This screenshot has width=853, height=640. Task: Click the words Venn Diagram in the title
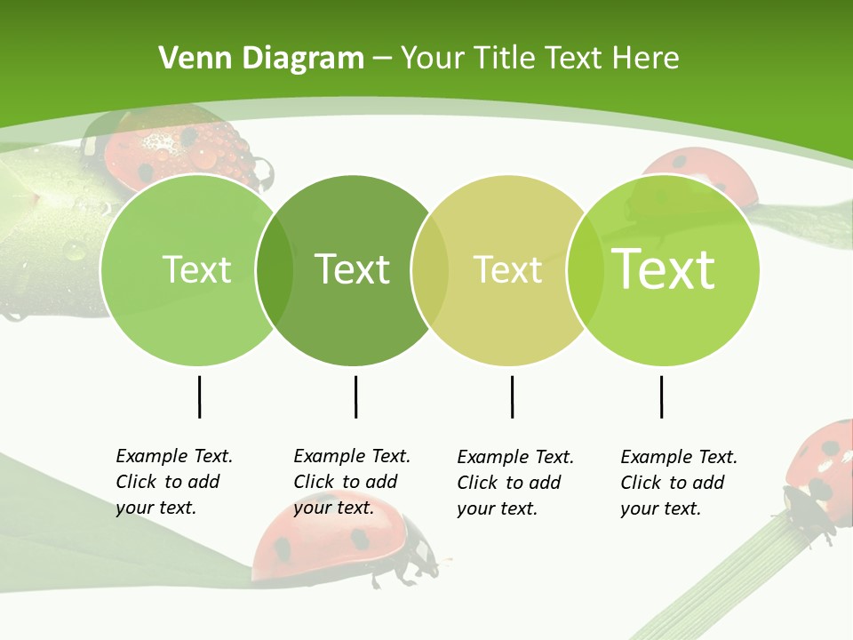[261, 59]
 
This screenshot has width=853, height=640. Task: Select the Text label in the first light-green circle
[196, 269]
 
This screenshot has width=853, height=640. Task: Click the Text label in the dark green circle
[353, 269]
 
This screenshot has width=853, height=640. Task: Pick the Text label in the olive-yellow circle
[508, 269]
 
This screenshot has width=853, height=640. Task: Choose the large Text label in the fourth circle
[664, 269]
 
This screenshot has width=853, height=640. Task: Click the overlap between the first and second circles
[275, 269]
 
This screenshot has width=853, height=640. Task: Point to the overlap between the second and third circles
[430, 269]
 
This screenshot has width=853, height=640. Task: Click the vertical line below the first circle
[199, 396]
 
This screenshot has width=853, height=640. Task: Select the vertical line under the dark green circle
[355, 396]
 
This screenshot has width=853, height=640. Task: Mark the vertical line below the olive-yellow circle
[512, 396]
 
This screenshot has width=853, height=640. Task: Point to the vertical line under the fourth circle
[661, 396]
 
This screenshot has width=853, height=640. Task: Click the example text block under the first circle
[174, 482]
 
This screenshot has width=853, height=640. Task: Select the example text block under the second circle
[352, 482]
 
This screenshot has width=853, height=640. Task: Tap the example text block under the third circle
[515, 483]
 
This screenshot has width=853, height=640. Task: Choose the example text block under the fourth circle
[679, 483]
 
